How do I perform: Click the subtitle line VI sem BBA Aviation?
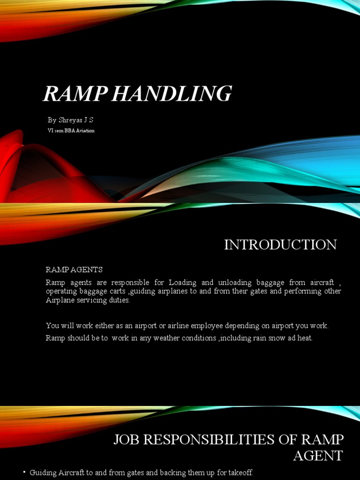pyautogui.click(x=71, y=131)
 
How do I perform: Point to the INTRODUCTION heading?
pyautogui.click(x=280, y=245)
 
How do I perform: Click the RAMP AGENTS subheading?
pyautogui.click(x=74, y=270)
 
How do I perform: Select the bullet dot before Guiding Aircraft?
pyautogui.click(x=24, y=473)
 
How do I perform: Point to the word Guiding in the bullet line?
pyautogui.click(x=42, y=473)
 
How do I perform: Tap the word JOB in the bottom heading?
pyautogui.click(x=127, y=440)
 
